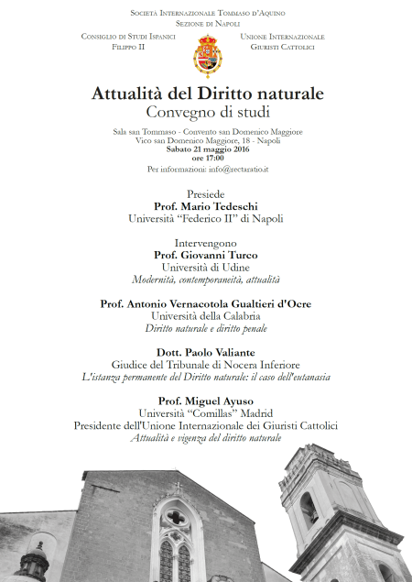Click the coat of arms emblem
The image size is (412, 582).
207,57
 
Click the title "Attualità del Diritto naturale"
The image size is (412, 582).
207,93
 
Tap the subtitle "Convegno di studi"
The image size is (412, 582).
207,113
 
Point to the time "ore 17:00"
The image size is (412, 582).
207,159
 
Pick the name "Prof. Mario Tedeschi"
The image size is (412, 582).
207,207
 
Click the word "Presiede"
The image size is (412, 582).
207,194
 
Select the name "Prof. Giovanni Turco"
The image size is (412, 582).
207,254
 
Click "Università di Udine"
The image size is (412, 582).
207,267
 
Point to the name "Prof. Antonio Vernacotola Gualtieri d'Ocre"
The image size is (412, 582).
207,302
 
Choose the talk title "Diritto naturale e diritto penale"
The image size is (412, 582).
207,327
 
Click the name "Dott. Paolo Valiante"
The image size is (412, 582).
207,351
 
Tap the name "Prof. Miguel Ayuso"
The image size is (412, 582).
207,401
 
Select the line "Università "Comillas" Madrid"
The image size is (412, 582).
207,413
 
